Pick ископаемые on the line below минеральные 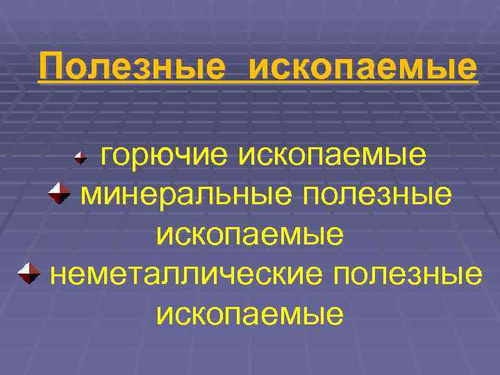[x=250, y=235]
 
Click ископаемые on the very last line [x=250, y=315]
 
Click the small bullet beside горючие [x=80, y=158]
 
